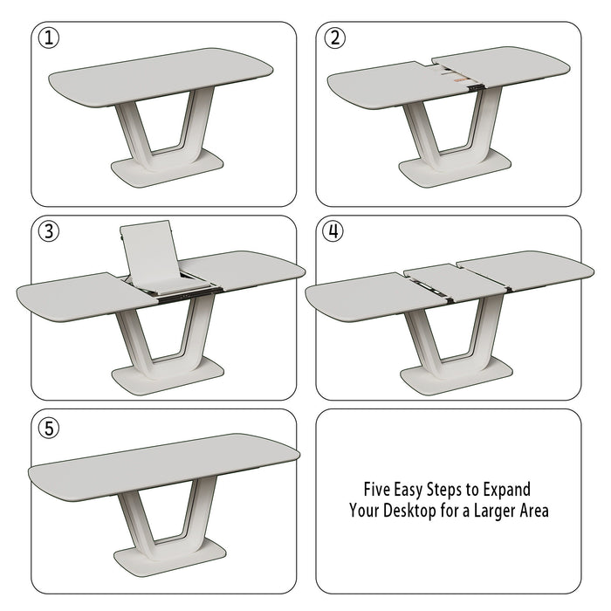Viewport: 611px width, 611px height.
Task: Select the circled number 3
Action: (49, 231)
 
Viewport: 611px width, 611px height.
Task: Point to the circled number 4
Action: (333, 231)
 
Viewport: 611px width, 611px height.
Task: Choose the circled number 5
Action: (49, 428)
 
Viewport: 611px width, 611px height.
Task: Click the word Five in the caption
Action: (379, 490)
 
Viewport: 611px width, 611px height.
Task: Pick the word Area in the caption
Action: (533, 511)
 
